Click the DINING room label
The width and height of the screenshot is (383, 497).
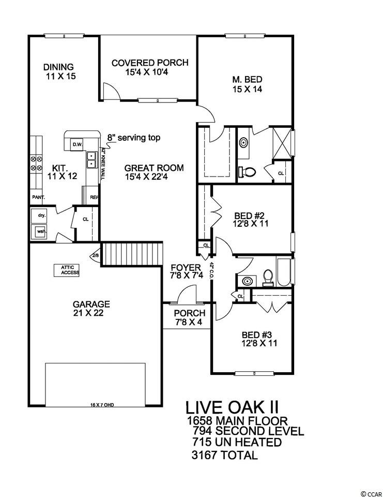58,67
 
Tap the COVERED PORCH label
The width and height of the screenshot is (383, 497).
150,63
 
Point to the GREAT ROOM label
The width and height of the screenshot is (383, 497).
154,168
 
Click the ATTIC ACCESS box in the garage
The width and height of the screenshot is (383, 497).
68,270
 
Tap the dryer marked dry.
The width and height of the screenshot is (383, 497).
41,215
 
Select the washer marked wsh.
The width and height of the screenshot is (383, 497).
40,231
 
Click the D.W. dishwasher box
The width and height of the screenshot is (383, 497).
77,144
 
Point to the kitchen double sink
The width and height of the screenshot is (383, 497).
91,159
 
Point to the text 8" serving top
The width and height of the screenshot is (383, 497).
134,138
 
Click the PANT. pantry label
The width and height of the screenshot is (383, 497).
38,197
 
